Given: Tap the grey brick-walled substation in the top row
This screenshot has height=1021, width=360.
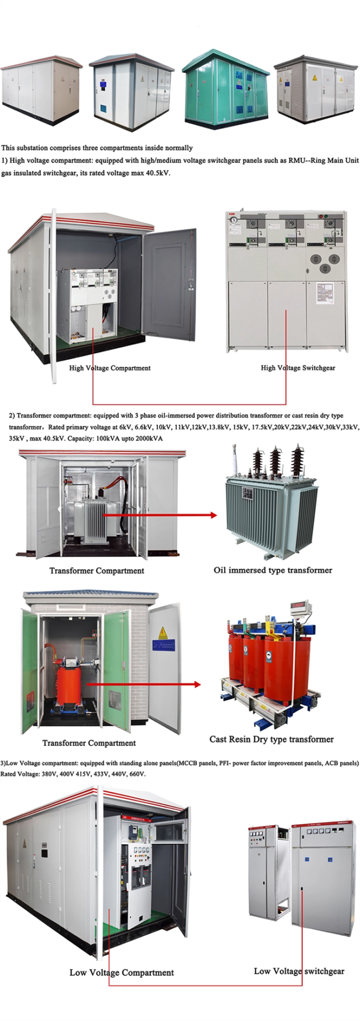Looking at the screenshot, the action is click(315, 90).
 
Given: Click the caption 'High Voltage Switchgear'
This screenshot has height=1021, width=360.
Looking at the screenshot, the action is click(298, 368).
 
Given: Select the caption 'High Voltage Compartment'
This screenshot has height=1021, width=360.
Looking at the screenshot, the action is click(110, 368).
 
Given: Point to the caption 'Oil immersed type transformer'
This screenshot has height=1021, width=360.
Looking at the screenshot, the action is click(273, 570).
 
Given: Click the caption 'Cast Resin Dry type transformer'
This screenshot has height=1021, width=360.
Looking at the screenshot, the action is click(271, 739).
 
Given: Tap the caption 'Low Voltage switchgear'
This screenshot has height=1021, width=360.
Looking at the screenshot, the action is click(299, 971).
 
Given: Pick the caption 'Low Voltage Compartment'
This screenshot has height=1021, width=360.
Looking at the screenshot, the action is click(122, 972).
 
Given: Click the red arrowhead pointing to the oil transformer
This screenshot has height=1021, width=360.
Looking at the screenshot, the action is click(213, 515).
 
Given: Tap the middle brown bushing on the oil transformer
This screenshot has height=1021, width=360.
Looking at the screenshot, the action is click(275, 461).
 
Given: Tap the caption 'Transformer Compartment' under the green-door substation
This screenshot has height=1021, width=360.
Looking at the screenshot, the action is click(89, 743).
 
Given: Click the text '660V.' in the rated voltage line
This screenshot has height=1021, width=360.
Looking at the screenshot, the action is click(137, 774).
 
